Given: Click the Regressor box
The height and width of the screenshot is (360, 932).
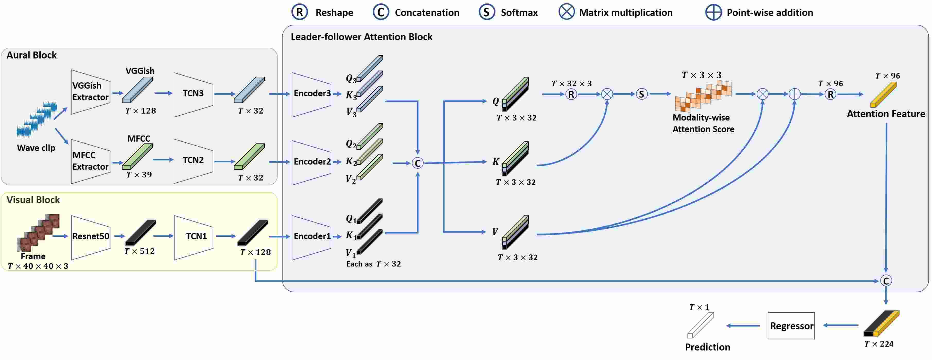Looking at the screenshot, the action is tap(791, 326).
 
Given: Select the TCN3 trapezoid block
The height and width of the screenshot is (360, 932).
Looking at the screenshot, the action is tap(193, 95).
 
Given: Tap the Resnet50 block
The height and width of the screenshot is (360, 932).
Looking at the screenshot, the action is tap(90, 237).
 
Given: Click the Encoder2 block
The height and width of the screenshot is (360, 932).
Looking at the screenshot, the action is tap(311, 162).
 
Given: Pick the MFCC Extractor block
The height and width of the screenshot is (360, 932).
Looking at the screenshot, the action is tap(90, 161).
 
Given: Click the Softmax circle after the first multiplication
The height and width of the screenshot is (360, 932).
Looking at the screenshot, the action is tap(641, 94).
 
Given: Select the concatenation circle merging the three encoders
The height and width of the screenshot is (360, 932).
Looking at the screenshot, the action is tap(417, 163).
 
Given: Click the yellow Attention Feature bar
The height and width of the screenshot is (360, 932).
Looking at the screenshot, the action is tap(883, 95).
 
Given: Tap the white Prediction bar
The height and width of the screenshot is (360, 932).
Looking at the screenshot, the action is tap(700, 325).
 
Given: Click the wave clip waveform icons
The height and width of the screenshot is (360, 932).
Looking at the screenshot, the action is tap(37, 119).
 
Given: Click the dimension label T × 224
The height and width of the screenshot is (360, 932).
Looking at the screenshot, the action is tap(878, 344).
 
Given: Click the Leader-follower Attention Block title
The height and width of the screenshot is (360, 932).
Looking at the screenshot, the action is tap(361, 37).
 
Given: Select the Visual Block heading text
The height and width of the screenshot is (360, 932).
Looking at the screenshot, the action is tap(33, 200).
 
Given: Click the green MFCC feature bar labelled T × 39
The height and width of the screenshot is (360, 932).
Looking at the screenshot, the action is tap(137, 156).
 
